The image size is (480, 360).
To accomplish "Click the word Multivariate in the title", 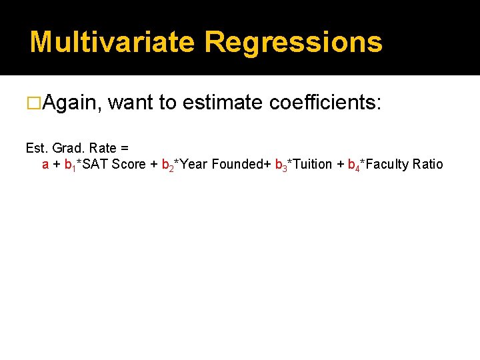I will (112, 42).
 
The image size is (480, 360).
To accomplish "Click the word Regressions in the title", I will (293, 42).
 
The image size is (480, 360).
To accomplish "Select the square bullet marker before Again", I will (33, 103).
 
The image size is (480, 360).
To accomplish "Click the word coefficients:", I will (325, 103).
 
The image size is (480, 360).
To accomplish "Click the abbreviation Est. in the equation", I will (37, 148).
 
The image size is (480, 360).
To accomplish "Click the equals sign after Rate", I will (125, 148).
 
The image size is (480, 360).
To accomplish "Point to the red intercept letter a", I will (45, 164).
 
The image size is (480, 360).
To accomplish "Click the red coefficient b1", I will (69, 165).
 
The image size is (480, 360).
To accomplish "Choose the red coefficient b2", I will (167, 165).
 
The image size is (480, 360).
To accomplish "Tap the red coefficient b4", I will (353, 165).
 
